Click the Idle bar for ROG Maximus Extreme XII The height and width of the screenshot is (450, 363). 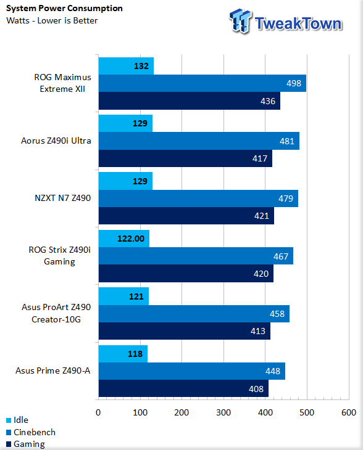coord(126,66)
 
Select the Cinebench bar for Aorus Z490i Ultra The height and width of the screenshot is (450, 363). coord(199,141)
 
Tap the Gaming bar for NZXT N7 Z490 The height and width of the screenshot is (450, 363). coord(186,216)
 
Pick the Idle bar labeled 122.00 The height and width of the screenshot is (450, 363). coord(124,239)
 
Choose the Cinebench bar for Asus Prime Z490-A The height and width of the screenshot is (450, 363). coord(192,371)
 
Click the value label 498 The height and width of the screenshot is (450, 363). coord(294,83)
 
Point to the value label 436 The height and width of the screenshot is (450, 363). coord(268,101)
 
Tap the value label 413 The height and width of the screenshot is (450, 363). coord(258,331)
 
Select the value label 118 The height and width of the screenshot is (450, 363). coord(135,354)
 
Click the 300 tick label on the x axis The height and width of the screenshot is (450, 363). coord(223,412)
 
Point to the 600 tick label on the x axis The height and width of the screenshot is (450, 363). coord(349,412)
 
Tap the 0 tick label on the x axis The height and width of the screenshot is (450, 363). coord(98,412)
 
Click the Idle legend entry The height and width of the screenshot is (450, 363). coord(17,420)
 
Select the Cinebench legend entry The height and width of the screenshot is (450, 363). coord(31,432)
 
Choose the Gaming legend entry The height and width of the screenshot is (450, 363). coord(25,444)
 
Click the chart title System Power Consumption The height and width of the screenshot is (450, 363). coord(64,9)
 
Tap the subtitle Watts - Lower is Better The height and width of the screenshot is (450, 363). coord(52,21)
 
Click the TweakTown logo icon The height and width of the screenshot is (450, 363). coord(241,21)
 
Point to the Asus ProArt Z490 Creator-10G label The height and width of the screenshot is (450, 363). coord(56,313)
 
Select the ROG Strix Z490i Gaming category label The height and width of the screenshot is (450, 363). coord(59,256)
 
